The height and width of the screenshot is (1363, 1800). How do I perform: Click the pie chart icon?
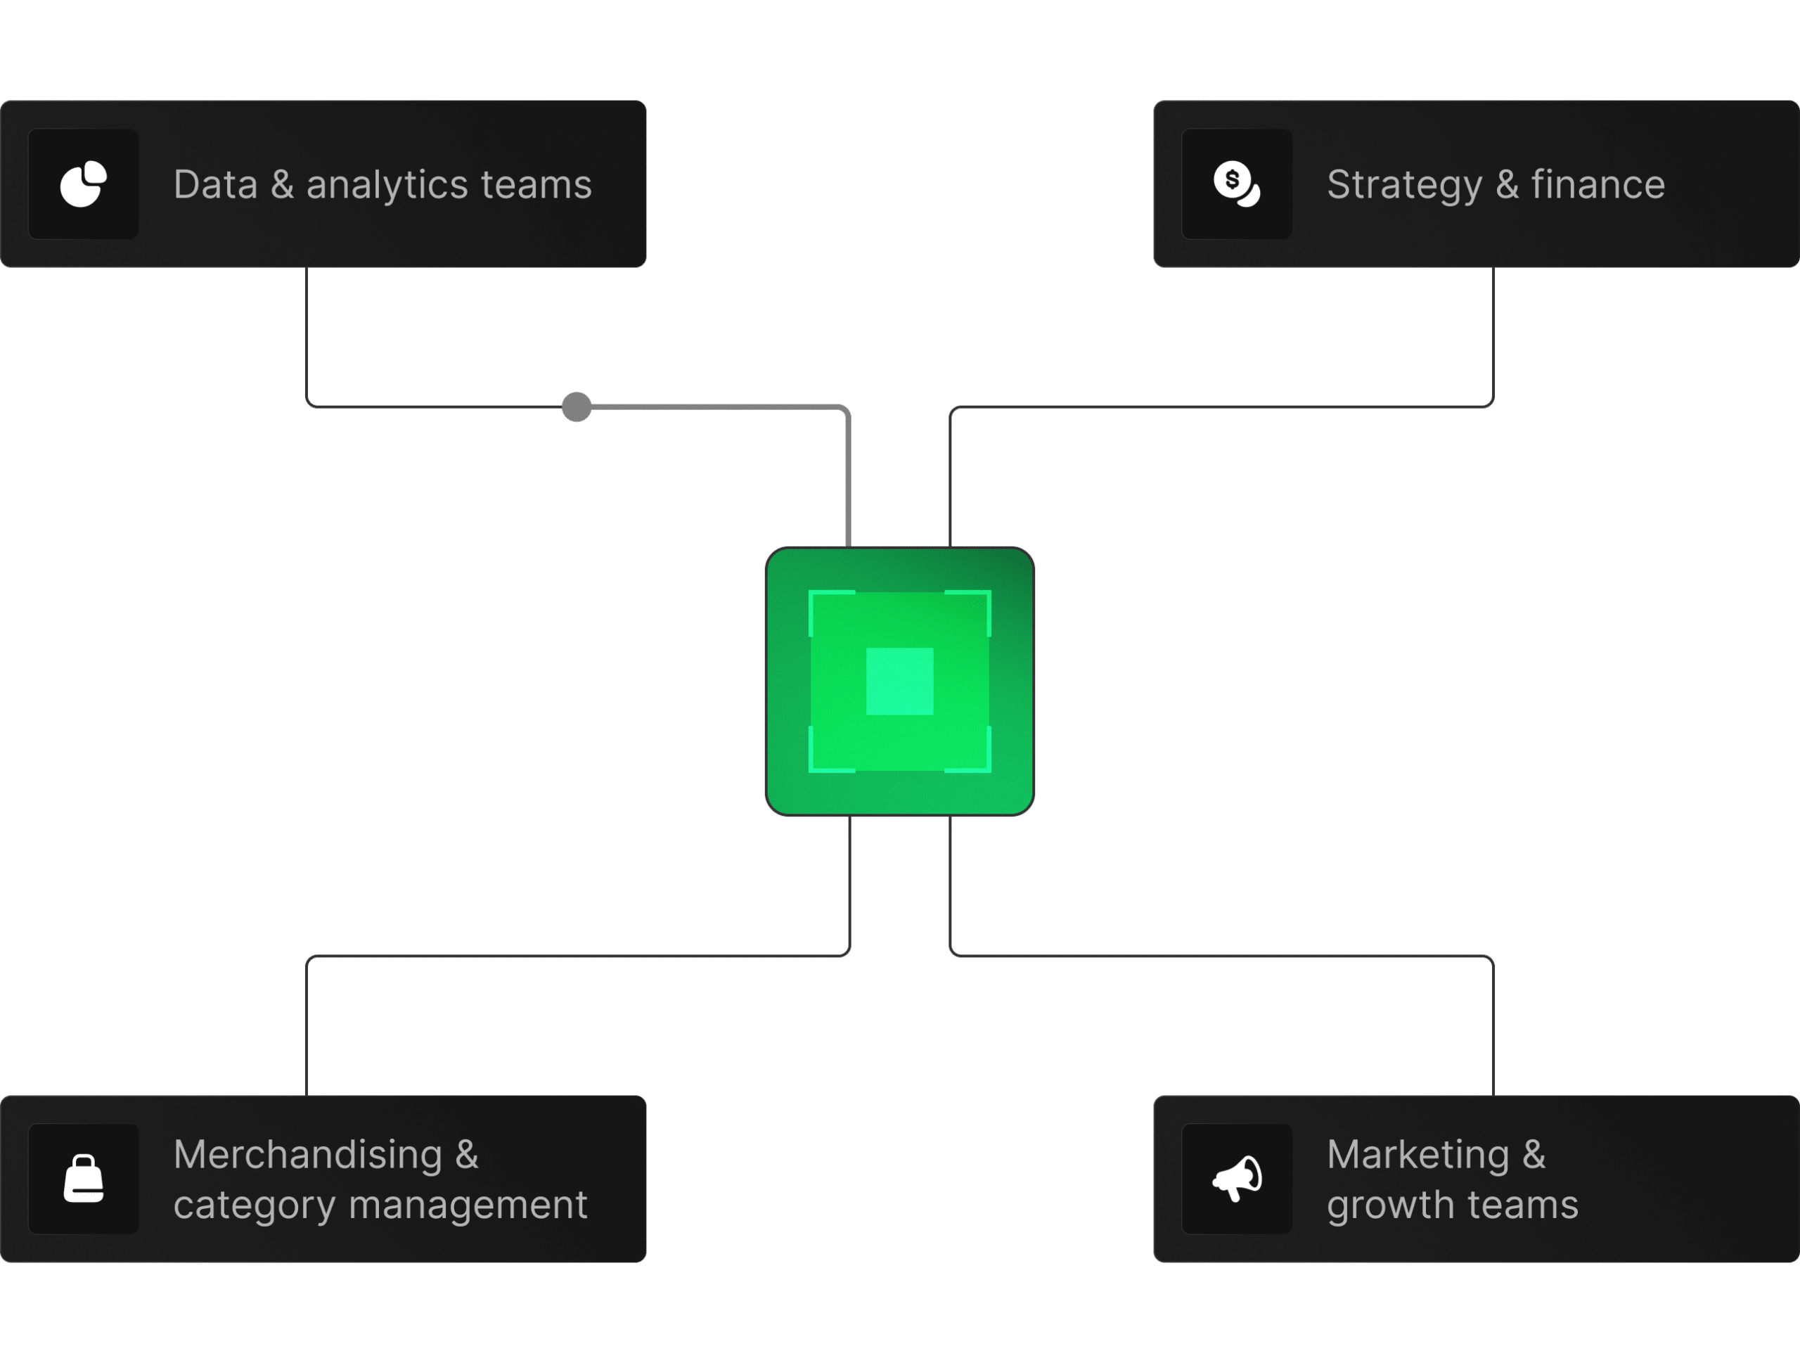point(83,184)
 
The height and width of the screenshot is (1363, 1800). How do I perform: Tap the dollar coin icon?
point(1237,184)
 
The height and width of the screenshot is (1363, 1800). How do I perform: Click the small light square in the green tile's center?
point(899,681)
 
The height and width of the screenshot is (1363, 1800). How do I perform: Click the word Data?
point(216,185)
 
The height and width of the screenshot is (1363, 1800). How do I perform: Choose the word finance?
point(1597,185)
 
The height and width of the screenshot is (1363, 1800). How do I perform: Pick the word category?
point(254,1206)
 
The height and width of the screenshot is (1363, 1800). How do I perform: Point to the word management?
point(468,1206)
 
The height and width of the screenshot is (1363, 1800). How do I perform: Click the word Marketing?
point(1417,1155)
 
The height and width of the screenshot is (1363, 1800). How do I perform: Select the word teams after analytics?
point(536,185)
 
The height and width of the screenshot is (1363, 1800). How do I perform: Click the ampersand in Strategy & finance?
point(1507,185)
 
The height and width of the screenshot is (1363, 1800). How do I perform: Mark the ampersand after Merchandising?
point(467,1155)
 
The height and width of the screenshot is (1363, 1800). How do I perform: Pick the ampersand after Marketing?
point(1534,1155)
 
